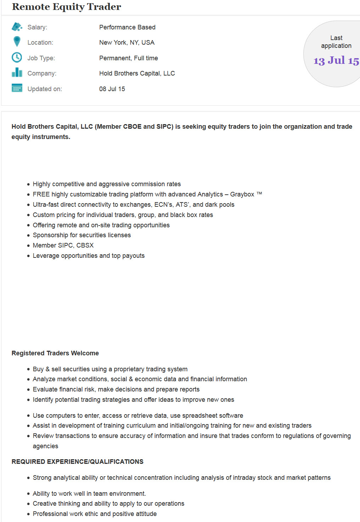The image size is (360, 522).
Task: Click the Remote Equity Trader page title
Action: [67, 7]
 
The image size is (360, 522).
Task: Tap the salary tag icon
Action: [17, 27]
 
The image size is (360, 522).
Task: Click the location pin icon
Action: [17, 41]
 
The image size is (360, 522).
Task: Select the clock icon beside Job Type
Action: [17, 57]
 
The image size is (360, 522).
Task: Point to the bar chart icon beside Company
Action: [17, 73]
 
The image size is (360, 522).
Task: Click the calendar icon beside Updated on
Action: [17, 88]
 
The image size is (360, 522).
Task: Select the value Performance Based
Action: [127, 27]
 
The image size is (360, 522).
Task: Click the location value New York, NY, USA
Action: [127, 43]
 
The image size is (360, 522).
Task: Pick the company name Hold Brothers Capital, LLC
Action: [137, 73]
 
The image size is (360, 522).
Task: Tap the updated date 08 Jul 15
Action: [112, 89]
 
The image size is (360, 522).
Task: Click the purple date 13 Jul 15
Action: [336, 61]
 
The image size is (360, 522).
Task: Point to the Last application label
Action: [336, 42]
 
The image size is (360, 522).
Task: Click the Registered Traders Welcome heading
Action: [55, 353]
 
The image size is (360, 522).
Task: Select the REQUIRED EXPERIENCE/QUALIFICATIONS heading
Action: [78, 462]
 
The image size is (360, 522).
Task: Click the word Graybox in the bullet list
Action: [242, 194]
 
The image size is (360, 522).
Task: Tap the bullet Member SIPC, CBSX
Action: [63, 245]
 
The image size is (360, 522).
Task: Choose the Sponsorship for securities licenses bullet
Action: [82, 235]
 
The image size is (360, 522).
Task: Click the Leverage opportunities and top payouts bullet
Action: [89, 256]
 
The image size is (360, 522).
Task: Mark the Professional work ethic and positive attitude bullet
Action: [95, 514]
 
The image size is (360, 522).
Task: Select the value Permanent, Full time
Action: [129, 58]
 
